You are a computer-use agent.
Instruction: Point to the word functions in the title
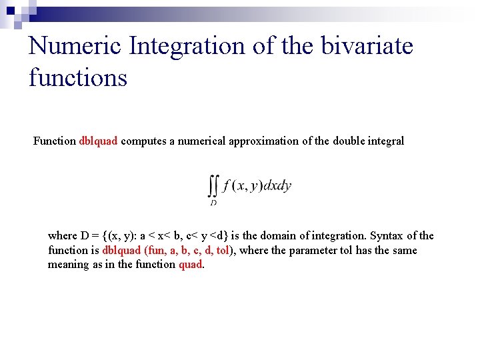click(78, 77)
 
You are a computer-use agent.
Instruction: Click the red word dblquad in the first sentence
click(99, 141)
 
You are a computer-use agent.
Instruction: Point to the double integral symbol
click(213, 185)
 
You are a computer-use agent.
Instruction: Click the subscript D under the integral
click(213, 201)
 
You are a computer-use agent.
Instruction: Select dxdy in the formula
click(277, 186)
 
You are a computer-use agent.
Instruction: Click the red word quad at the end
click(190, 264)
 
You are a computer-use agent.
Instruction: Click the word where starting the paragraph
click(63, 235)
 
